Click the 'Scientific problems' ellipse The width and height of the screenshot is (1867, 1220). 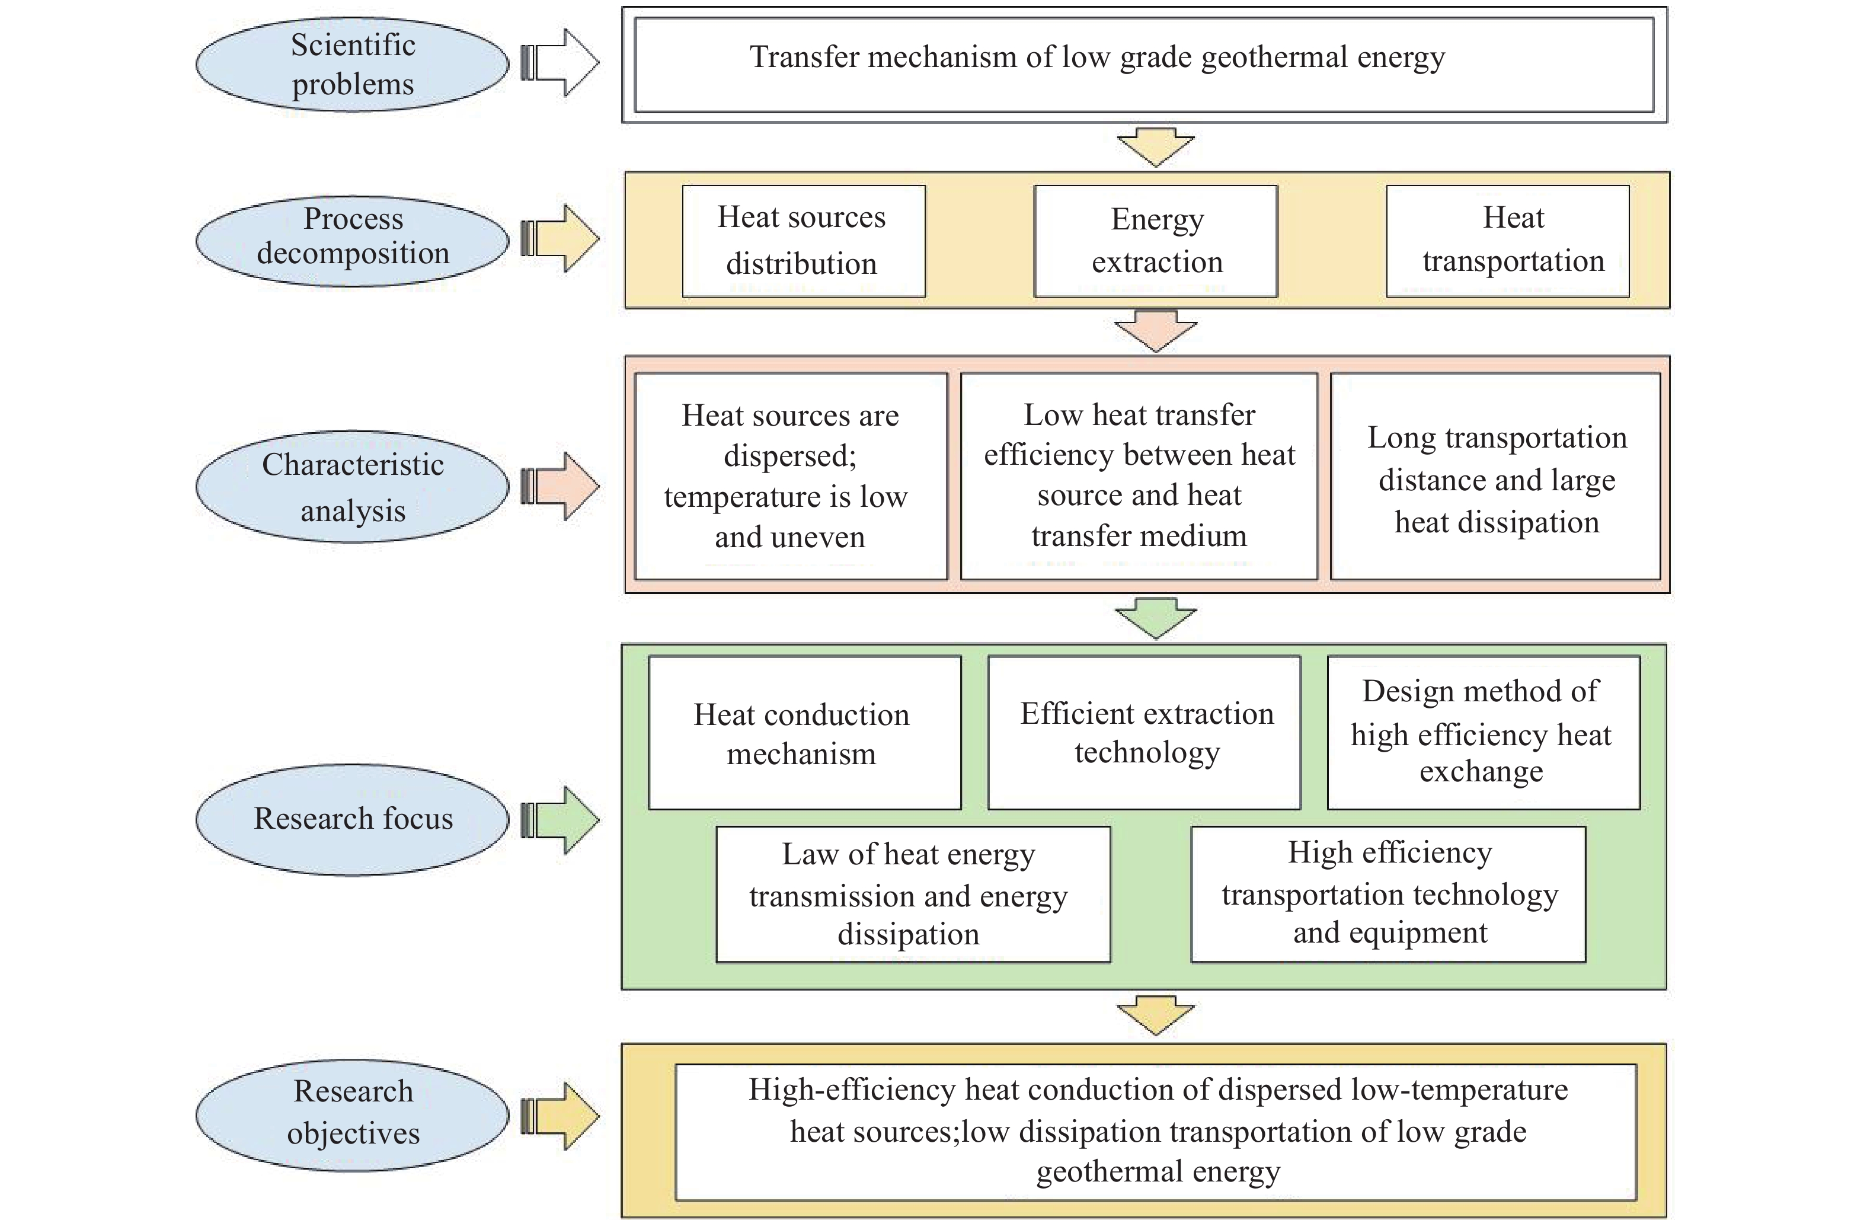pyautogui.click(x=352, y=65)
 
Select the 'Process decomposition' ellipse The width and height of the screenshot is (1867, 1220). pyautogui.click(x=352, y=241)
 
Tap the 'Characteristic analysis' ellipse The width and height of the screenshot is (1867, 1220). pyautogui.click(x=352, y=487)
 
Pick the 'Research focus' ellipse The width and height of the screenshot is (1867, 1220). pyautogui.click(x=352, y=819)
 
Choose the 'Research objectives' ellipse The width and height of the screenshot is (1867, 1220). pyautogui.click(x=352, y=1116)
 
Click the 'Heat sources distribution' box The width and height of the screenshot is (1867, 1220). pyautogui.click(x=803, y=241)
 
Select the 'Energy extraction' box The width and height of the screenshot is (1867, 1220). pyautogui.click(x=1156, y=241)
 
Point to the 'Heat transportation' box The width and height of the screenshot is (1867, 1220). pyautogui.click(x=1508, y=241)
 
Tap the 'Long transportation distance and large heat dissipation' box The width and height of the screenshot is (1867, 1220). pyautogui.click(x=1496, y=476)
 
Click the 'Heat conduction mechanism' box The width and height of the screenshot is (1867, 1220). pyautogui.click(x=805, y=733)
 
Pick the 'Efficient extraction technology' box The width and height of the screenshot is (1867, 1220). pyautogui.click(x=1145, y=733)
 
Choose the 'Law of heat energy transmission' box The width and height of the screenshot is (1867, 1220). pyautogui.click(x=913, y=895)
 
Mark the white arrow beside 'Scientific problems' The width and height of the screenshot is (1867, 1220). pyautogui.click(x=560, y=63)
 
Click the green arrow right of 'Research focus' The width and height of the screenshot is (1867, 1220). pyautogui.click(x=560, y=820)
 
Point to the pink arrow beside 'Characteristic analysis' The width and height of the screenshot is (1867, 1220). pyautogui.click(x=560, y=487)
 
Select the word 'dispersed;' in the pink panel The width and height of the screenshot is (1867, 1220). pyautogui.click(x=790, y=456)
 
